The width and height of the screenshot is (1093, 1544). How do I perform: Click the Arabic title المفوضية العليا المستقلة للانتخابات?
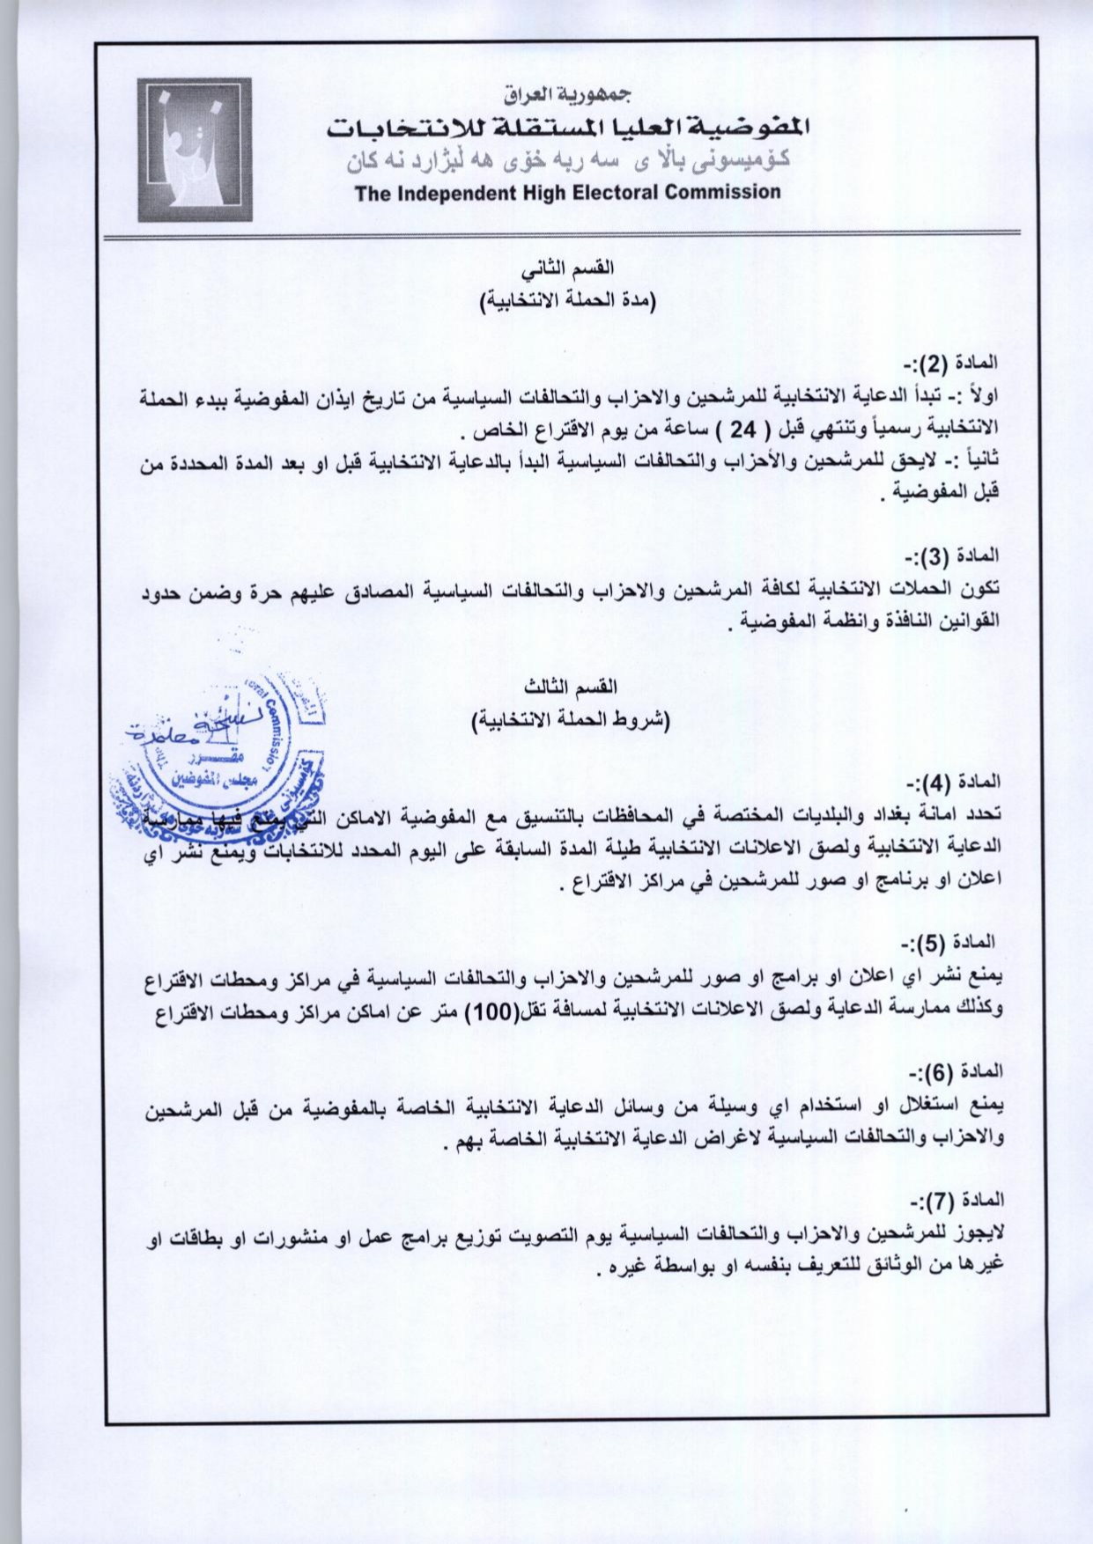click(x=567, y=128)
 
